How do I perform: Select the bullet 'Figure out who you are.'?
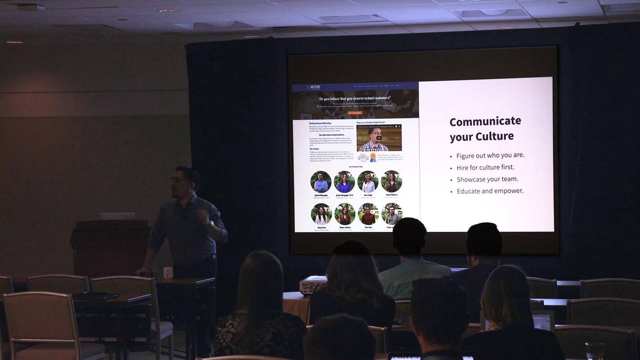point(490,155)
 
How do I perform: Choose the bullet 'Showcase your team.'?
point(487,179)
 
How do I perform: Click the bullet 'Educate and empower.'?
point(490,191)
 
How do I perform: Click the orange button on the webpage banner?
point(355,113)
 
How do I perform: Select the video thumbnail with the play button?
point(379,138)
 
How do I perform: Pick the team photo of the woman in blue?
point(344,181)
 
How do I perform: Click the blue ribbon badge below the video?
point(373,157)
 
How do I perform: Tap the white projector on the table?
point(313,284)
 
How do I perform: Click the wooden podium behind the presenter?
point(110,247)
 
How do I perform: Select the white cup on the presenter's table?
point(167,272)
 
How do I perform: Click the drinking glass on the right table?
point(595,351)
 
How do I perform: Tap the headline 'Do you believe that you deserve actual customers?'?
point(355,99)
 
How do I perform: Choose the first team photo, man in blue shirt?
point(320,181)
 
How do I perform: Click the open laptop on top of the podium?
point(117,216)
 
